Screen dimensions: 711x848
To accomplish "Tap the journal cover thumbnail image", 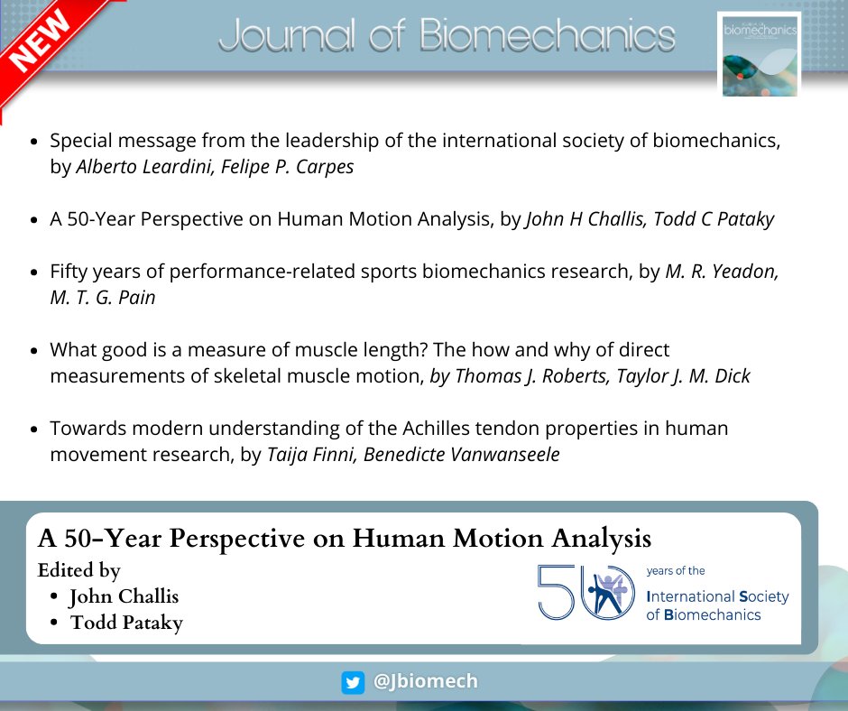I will tap(758, 54).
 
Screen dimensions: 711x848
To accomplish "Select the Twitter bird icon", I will tap(353, 683).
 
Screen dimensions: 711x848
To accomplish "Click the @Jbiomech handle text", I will tap(425, 682).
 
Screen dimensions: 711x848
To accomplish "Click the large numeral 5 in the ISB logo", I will tap(556, 592).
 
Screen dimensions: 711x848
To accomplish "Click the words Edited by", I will tap(79, 570).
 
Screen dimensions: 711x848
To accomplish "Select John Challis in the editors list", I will tap(124, 596).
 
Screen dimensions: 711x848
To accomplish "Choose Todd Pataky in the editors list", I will tap(126, 623).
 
